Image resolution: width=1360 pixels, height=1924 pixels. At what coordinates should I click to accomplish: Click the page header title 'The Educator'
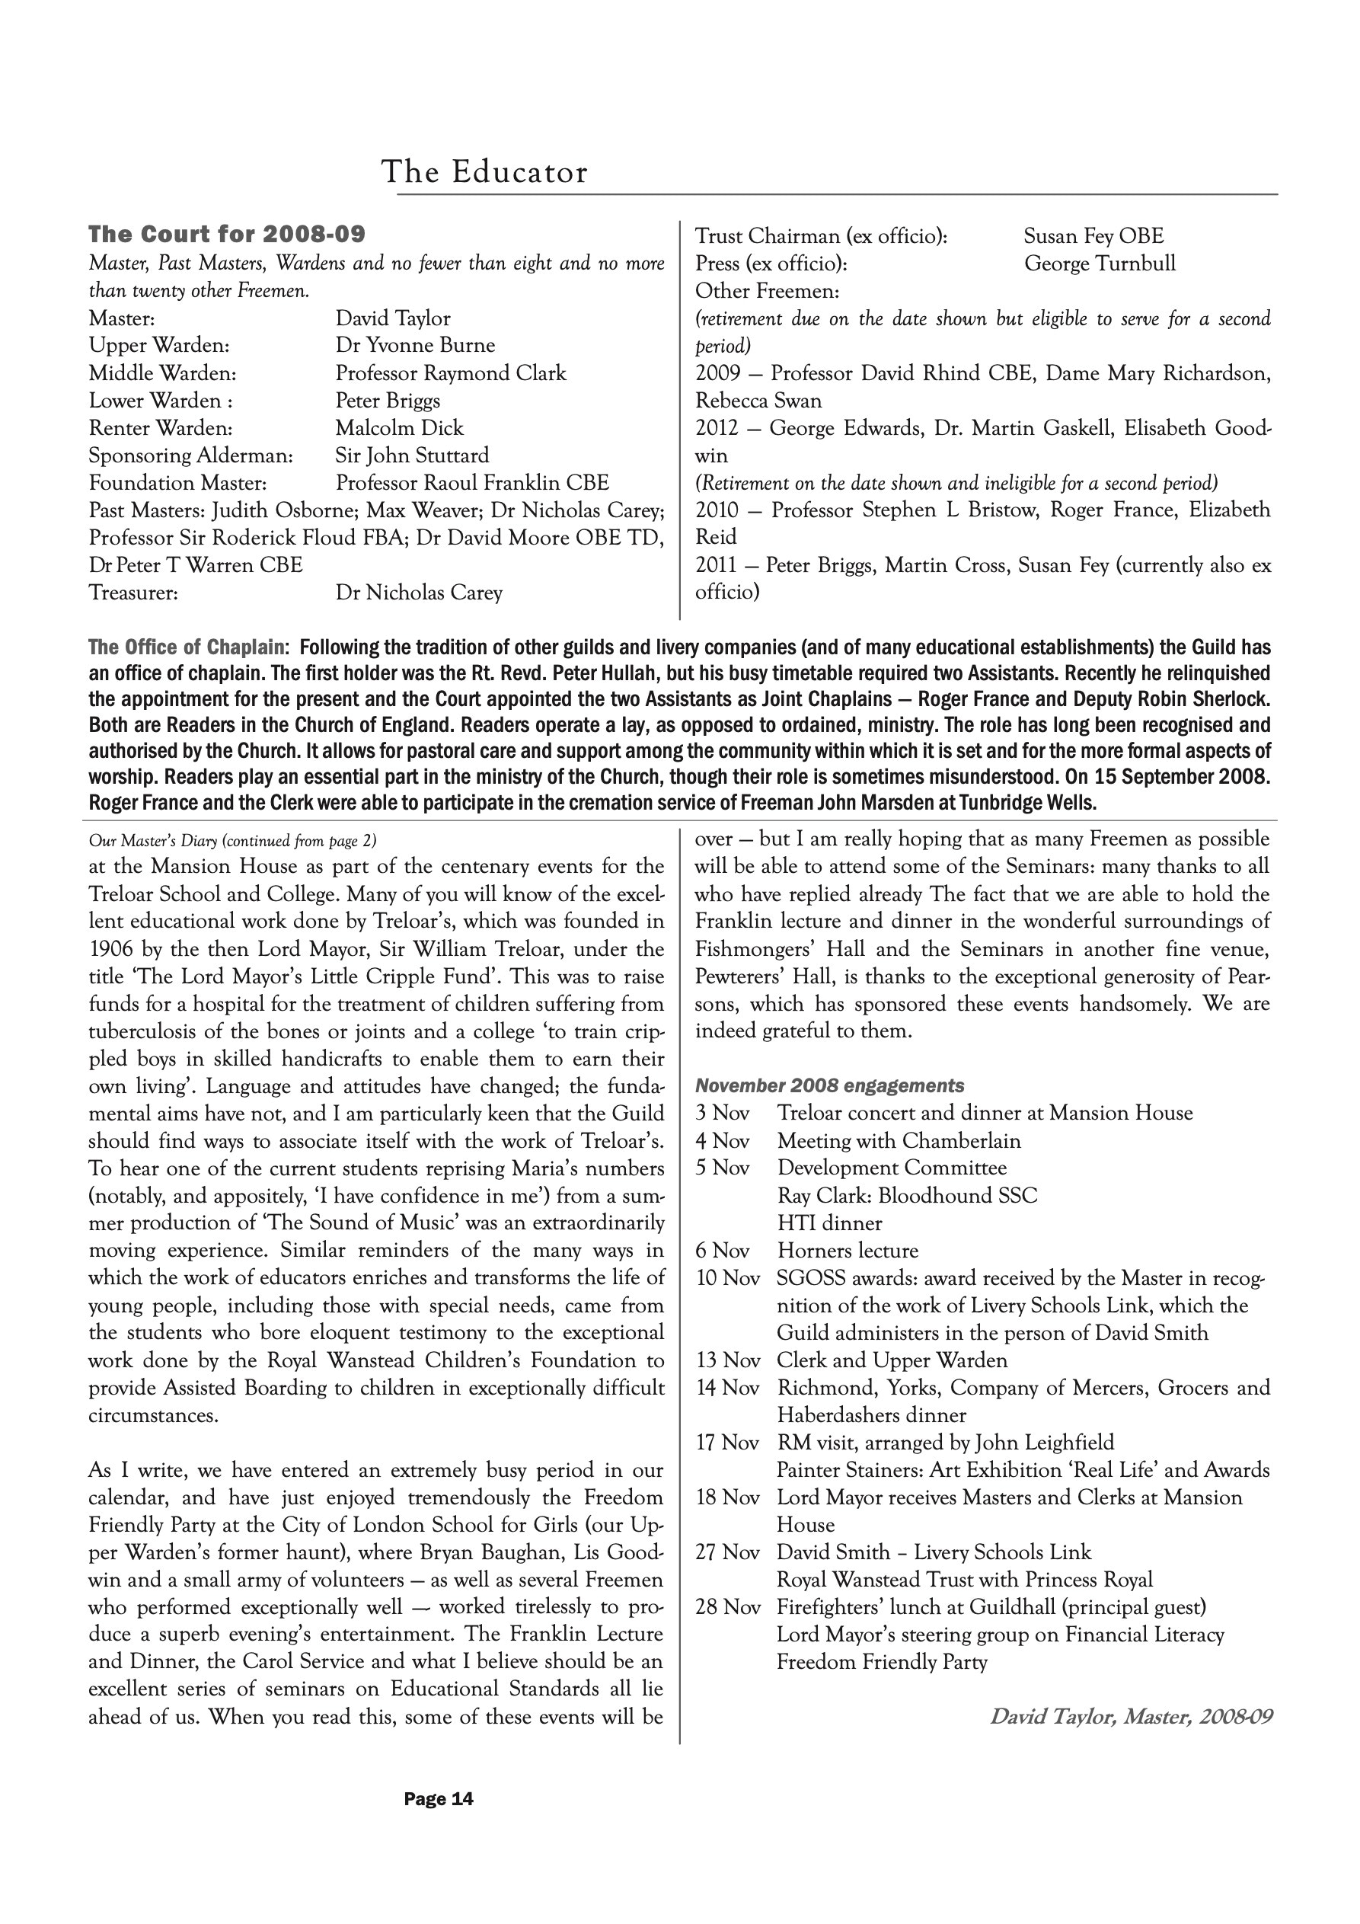click(x=484, y=172)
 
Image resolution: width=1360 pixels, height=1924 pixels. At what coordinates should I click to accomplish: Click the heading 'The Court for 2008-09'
click(x=227, y=234)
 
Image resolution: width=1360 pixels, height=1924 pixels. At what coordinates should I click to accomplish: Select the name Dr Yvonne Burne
click(x=415, y=345)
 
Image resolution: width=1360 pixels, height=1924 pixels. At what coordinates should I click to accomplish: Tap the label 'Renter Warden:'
click(x=160, y=428)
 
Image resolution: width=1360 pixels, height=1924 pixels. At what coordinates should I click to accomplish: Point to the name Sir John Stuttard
click(x=412, y=455)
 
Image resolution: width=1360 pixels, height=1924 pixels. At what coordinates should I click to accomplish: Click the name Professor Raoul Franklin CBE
click(x=472, y=483)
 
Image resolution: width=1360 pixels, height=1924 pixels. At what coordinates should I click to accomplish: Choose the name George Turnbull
click(x=1100, y=264)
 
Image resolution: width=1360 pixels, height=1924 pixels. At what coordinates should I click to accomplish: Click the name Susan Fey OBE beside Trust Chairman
click(x=1093, y=236)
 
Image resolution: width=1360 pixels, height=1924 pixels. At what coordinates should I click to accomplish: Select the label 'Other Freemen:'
click(x=767, y=291)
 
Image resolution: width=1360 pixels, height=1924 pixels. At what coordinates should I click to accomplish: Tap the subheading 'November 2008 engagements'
click(x=829, y=1086)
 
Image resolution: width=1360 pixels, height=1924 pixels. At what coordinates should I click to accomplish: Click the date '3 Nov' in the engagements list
click(x=723, y=1113)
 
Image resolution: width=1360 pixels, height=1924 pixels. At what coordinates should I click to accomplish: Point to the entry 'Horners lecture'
click(x=848, y=1251)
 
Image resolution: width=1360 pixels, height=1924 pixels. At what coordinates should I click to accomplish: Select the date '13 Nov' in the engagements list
click(x=727, y=1361)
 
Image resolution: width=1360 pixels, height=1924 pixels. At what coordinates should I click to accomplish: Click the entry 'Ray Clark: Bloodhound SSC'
click(x=907, y=1196)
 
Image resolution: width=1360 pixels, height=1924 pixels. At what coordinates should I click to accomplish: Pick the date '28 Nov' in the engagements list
click(x=727, y=1607)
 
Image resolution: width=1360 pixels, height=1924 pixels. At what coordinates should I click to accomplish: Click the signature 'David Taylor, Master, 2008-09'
click(x=1130, y=1717)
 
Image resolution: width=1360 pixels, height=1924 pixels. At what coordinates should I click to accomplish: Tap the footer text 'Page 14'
click(x=439, y=1799)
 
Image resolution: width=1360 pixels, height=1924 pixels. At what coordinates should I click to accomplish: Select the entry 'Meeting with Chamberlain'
click(x=899, y=1140)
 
